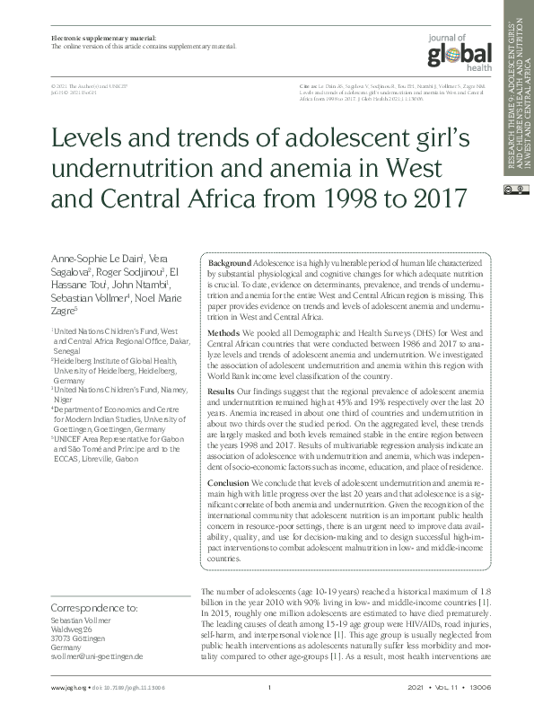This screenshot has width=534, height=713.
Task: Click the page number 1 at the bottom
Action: tap(269, 688)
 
